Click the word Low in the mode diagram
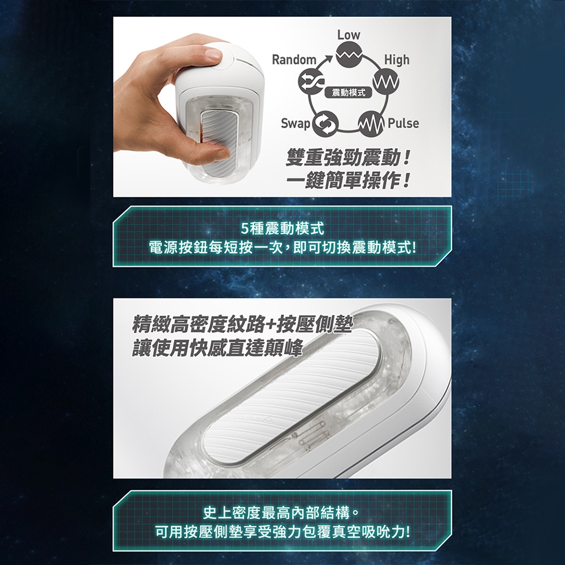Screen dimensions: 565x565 [x=349, y=35]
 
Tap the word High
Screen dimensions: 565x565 [x=397, y=59]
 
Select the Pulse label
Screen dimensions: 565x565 [x=403, y=123]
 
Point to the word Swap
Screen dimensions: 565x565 [x=295, y=124]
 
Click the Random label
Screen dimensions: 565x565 [x=294, y=59]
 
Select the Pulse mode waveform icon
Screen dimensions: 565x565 [x=372, y=124]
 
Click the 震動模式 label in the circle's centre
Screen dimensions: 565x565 [x=349, y=93]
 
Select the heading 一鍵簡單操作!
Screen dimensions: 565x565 [x=347, y=180]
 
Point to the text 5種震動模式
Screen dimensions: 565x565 [x=282, y=228]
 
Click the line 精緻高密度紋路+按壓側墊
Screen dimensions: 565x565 [x=242, y=324]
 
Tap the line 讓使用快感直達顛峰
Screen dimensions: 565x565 [x=217, y=347]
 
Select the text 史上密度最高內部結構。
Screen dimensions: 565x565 [x=282, y=513]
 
